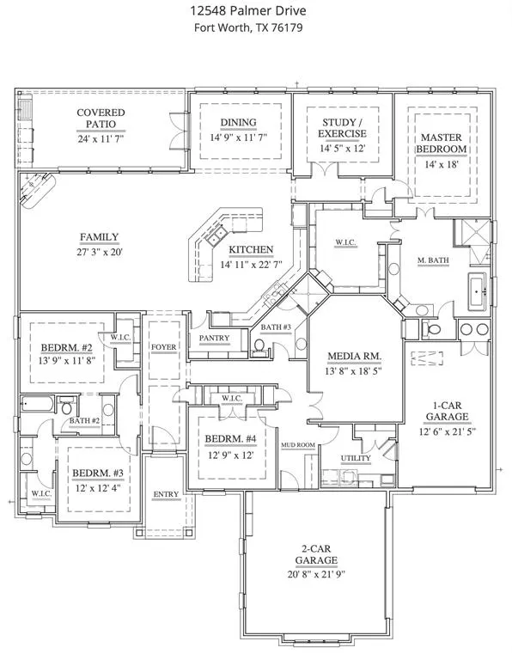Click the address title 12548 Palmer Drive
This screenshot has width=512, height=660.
[247, 10]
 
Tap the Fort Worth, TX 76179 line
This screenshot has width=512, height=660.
[248, 27]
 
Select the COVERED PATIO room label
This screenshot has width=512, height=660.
[101, 119]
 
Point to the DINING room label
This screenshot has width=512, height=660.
[239, 123]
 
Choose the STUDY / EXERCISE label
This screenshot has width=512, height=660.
[342, 128]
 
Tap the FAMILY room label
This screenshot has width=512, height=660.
[100, 237]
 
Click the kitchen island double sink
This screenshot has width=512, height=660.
[217, 236]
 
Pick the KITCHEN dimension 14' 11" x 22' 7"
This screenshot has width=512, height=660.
[251, 265]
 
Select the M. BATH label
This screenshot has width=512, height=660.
[433, 260]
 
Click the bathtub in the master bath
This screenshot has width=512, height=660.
[477, 290]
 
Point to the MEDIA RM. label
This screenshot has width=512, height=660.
[355, 357]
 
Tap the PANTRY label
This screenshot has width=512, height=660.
[214, 338]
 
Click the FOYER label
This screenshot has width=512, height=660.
[164, 347]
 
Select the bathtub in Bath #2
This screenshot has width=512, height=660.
[38, 406]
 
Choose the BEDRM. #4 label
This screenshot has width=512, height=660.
[230, 439]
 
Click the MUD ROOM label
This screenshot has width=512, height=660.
[298, 445]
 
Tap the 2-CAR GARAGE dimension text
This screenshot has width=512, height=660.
[316, 575]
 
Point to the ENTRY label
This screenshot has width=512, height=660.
[166, 494]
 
